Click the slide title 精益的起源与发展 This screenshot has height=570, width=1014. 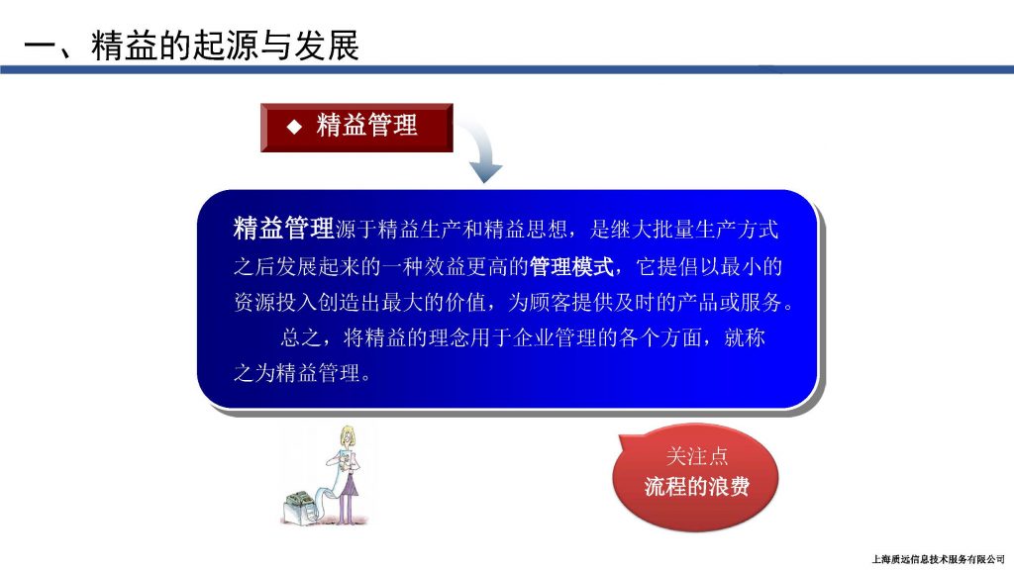(x=225, y=46)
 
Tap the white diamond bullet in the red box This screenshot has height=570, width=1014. (x=294, y=127)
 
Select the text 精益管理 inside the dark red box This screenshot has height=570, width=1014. (x=366, y=126)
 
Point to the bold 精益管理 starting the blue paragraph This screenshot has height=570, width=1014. (x=284, y=229)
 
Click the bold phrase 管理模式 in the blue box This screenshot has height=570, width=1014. (x=571, y=266)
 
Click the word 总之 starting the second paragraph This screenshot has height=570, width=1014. (x=301, y=337)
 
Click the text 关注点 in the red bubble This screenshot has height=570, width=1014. (x=697, y=456)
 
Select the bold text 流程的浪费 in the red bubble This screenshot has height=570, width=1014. (x=697, y=486)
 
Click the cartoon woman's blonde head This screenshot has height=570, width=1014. (x=349, y=436)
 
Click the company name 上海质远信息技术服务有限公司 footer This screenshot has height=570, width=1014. (x=938, y=559)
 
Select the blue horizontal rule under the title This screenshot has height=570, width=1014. (x=507, y=69)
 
